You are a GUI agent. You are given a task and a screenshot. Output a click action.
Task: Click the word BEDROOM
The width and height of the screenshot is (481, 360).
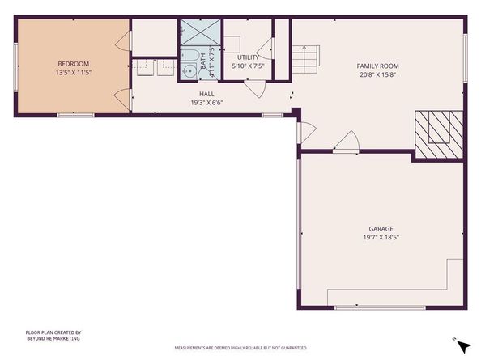coord(73,63)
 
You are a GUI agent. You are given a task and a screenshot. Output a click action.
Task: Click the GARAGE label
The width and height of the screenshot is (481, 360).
coord(381,229)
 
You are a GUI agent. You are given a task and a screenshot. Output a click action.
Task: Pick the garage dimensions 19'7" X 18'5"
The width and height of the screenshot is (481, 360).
coord(381,238)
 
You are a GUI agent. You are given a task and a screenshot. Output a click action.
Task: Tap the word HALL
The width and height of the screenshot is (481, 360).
coord(206,94)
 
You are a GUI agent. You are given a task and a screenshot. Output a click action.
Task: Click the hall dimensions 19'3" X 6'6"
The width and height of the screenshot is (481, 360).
coord(206,103)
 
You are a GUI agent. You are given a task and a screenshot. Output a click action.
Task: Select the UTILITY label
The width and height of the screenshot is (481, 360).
coord(248,57)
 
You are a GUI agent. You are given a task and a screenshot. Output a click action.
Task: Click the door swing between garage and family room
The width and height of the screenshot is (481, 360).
coord(346,142)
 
